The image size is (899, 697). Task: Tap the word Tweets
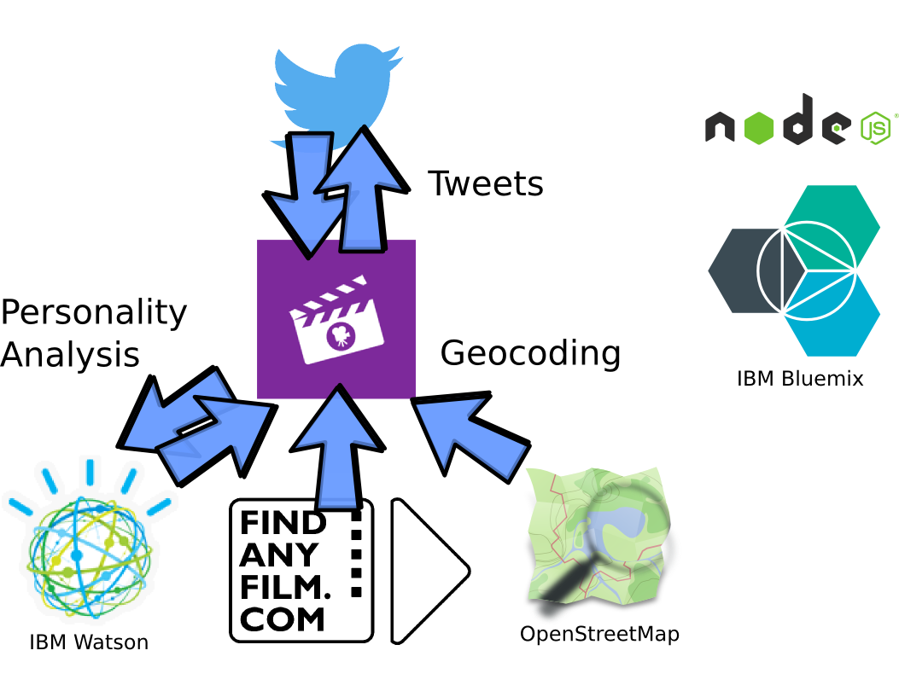click(x=485, y=183)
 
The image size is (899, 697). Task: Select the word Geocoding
click(x=530, y=352)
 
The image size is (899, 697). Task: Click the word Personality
click(x=94, y=313)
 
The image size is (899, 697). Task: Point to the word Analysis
click(x=70, y=354)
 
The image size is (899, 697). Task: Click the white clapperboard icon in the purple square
click(x=336, y=320)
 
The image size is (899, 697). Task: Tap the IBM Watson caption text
click(x=89, y=642)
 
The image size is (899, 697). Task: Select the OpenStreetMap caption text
click(x=600, y=635)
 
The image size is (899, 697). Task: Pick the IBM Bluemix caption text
click(x=800, y=378)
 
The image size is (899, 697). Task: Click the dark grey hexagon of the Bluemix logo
click(x=743, y=270)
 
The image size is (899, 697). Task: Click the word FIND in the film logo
click(x=283, y=523)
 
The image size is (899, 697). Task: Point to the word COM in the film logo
click(x=283, y=620)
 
